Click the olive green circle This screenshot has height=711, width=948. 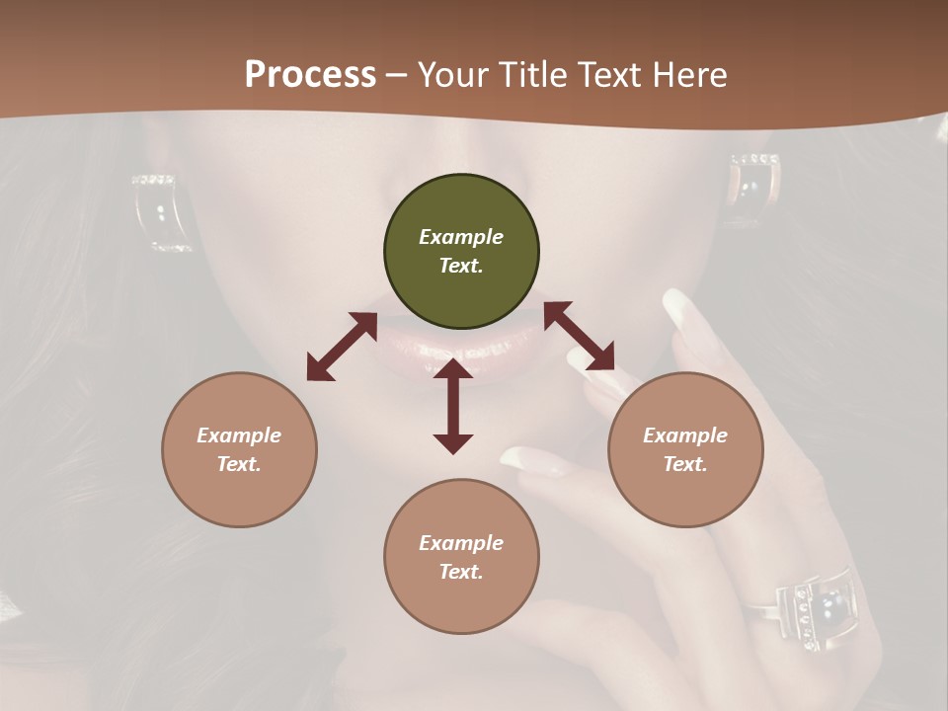tap(461, 252)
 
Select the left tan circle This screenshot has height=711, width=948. tap(239, 449)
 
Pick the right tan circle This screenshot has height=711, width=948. tap(685, 449)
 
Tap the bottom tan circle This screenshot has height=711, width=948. tap(461, 556)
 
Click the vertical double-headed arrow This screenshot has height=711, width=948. tap(453, 406)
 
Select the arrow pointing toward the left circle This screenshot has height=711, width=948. tap(342, 347)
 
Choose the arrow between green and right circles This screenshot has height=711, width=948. tap(580, 336)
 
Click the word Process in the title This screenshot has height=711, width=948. tap(310, 74)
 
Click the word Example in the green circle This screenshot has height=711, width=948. tap(461, 237)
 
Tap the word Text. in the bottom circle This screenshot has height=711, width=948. tap(461, 572)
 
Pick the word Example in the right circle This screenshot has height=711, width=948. tap(685, 435)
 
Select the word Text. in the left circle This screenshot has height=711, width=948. tap(239, 464)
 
